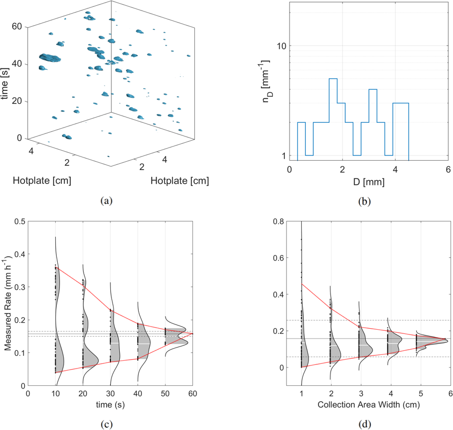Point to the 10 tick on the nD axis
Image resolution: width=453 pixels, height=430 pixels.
coord(281,46)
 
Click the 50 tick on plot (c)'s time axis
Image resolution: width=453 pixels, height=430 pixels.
coord(165,393)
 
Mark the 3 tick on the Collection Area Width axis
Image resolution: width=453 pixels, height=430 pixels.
coord(361,393)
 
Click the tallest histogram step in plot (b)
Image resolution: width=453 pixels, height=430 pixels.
coord(333,79)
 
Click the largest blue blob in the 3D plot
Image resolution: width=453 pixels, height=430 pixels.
coord(50,57)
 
